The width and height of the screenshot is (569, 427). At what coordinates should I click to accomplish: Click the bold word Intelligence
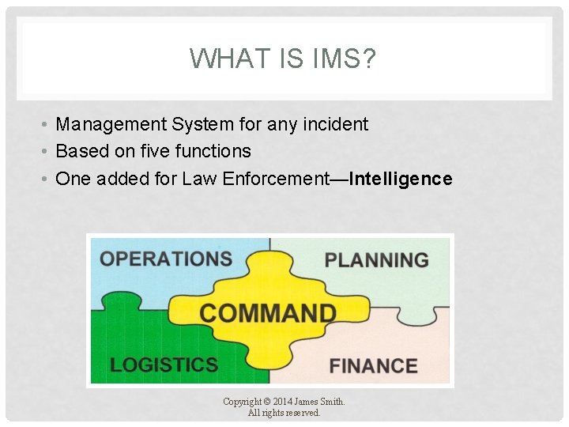point(401,179)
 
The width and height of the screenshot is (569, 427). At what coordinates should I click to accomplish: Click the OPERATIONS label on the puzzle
point(166,259)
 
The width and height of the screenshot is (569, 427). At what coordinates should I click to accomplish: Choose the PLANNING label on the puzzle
point(376,260)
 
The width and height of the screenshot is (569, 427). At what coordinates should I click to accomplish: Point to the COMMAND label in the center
point(267,312)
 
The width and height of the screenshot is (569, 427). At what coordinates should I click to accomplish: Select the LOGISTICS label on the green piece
point(164,365)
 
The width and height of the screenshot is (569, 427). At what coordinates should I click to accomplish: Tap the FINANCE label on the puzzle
point(373,366)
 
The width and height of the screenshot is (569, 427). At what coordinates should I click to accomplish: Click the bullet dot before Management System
point(47,125)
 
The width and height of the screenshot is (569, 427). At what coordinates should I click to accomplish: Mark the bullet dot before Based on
point(47,152)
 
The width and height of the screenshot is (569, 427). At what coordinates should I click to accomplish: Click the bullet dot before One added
point(47,179)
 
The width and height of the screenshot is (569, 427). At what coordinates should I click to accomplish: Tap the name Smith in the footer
point(331,402)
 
